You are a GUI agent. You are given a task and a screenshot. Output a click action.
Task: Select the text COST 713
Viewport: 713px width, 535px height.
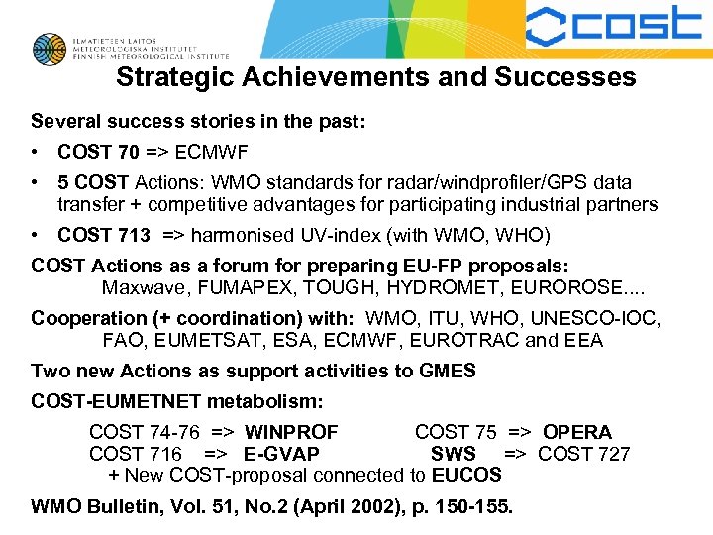[x=104, y=235]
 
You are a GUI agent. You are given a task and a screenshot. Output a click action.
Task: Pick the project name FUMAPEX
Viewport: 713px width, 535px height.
[x=241, y=288]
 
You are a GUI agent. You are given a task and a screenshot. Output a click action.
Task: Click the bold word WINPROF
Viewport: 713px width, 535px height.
[x=291, y=432]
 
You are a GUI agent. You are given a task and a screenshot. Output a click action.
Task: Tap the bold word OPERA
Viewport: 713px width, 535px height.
[x=577, y=432]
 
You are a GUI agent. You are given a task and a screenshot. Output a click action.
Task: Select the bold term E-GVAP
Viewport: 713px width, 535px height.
[x=281, y=454]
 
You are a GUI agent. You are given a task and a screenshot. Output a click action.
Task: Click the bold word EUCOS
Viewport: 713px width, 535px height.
[x=466, y=475]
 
